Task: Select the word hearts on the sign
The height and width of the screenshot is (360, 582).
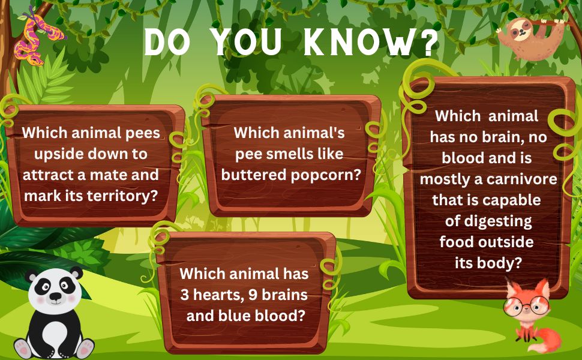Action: click(230, 295)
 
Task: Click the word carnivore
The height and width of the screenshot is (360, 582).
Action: click(524, 179)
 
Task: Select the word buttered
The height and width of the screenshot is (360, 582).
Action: click(248, 175)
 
